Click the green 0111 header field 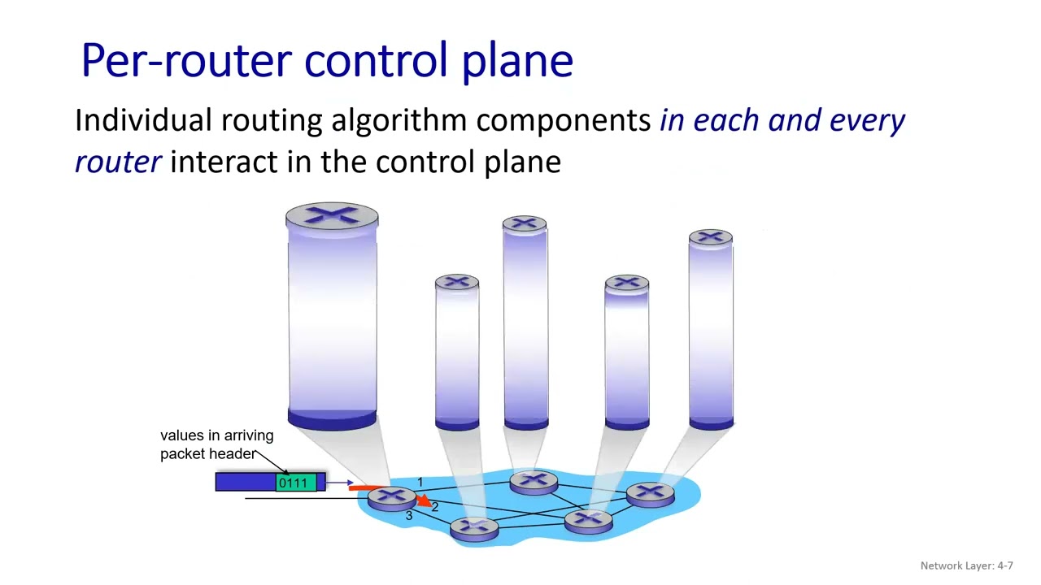pos(293,483)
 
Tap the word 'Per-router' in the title pos(186,61)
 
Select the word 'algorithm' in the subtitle pos(399,120)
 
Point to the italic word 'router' pos(118,162)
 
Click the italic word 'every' pos(867,120)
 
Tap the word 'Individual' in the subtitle pos(143,120)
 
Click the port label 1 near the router pos(420,483)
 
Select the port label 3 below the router pos(408,516)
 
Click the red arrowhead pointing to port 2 pos(423,502)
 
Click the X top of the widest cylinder pos(332,216)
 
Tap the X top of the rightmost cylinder pos(710,237)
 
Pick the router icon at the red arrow pos(390,497)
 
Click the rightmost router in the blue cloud pos(651,493)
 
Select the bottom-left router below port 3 pos(474,528)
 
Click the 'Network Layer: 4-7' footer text pos(966,565)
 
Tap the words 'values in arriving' pos(216,435)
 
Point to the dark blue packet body pos(245,483)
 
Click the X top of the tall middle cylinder pos(525,223)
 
